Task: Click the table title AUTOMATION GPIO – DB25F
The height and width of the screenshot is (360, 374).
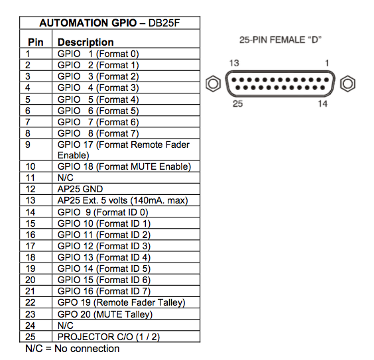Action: (109, 23)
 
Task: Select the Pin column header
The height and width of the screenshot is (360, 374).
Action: (36, 42)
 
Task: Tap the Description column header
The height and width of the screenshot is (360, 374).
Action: (86, 42)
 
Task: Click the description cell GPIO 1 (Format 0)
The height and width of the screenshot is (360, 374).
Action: (98, 54)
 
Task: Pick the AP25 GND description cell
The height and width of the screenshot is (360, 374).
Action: (80, 189)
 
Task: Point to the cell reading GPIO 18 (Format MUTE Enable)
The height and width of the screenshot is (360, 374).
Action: (124, 166)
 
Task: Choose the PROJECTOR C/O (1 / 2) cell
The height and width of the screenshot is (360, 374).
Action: (109, 337)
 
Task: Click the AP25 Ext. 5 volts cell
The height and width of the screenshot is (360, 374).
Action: (123, 200)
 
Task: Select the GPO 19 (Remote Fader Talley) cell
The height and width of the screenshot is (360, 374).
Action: (121, 302)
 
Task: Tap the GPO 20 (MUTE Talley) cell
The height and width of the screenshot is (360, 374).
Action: (105, 314)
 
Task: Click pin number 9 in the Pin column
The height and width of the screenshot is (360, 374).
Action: (28, 145)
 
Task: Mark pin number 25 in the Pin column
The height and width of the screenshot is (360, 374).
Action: (31, 337)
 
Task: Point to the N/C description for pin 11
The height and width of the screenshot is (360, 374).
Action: (66, 178)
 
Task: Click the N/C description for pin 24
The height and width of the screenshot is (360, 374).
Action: (66, 326)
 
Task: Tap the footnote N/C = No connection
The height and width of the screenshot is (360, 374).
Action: (72, 349)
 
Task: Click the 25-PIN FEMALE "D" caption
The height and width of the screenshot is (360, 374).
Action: (280, 40)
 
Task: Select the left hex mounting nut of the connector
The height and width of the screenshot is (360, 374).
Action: (213, 84)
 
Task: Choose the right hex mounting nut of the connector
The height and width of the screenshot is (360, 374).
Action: (347, 84)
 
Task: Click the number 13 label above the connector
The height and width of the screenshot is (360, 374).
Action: (234, 63)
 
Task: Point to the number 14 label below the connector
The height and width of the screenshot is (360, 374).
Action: (322, 104)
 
